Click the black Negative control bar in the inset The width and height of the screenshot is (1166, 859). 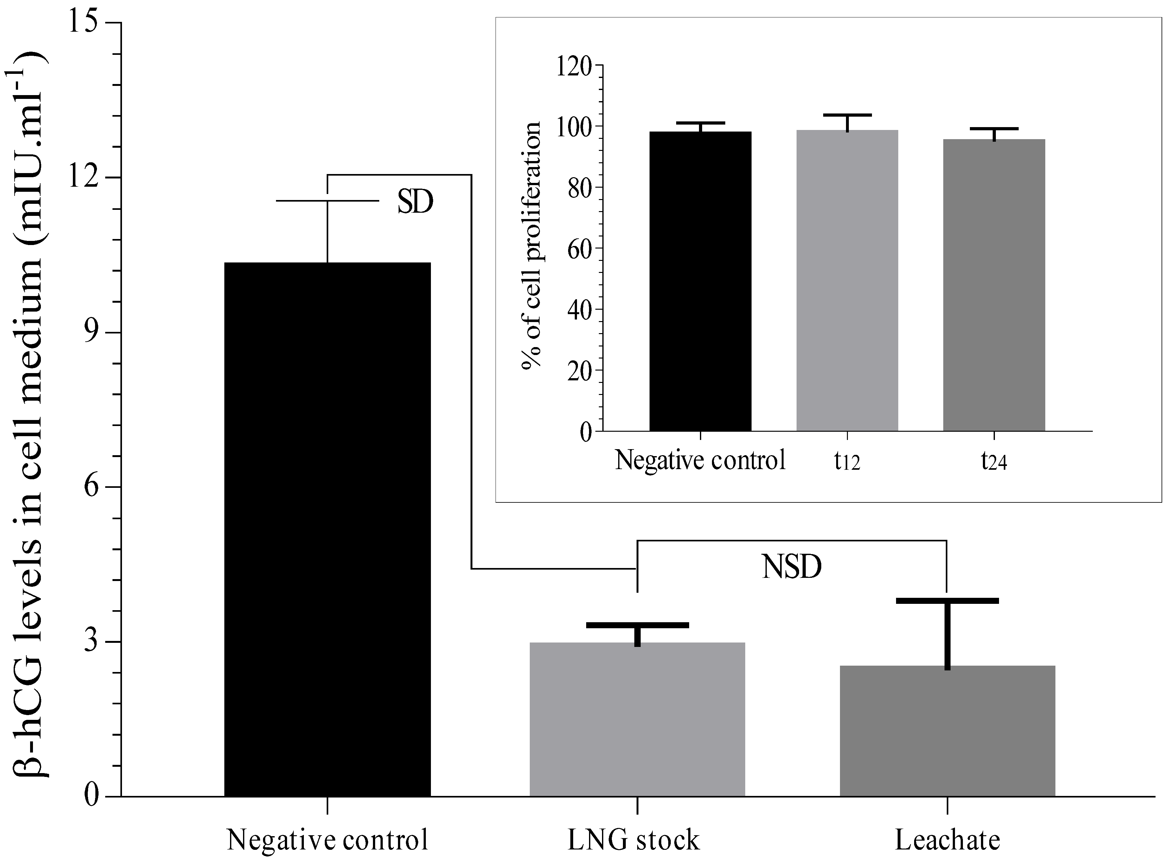click(x=700, y=281)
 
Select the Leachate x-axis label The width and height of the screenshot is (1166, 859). click(x=947, y=840)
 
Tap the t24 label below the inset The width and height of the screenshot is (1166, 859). click(x=994, y=461)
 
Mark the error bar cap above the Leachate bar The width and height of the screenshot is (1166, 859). click(x=947, y=601)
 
